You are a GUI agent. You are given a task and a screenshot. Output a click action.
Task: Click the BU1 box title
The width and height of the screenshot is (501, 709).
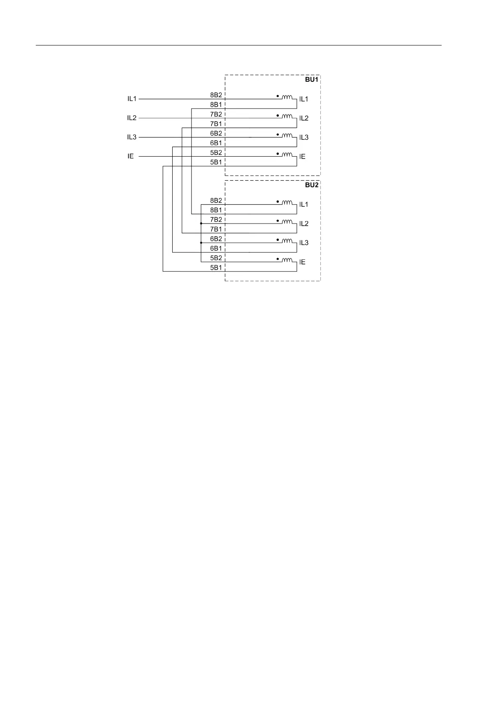[x=312, y=80]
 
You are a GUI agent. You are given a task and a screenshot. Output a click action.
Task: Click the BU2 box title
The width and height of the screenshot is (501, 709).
[x=312, y=185]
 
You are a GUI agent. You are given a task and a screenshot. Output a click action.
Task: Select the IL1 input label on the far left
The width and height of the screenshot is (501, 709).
[x=132, y=99]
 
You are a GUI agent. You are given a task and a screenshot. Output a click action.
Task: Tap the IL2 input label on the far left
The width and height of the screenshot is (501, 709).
[x=132, y=118]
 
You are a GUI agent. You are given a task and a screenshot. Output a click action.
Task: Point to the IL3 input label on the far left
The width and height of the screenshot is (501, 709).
[x=132, y=137]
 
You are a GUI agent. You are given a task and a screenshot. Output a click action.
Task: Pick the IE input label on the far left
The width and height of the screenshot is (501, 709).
[x=131, y=157]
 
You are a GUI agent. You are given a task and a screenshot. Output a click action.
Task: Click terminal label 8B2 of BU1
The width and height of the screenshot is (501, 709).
[x=216, y=95]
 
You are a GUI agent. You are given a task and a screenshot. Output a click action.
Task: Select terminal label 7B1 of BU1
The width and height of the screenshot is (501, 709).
[x=216, y=124]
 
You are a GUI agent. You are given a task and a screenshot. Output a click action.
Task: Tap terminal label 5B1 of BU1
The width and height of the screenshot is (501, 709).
[x=216, y=162]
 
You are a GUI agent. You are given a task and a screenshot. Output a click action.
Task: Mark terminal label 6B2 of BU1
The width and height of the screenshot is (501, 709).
[x=216, y=133]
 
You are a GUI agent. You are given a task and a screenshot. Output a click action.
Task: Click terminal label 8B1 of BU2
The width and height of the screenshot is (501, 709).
[x=216, y=210]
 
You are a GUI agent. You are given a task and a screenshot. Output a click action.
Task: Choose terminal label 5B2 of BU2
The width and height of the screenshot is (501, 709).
[x=216, y=258]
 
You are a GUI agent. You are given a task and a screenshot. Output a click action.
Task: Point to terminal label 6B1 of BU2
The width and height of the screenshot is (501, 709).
[x=216, y=248]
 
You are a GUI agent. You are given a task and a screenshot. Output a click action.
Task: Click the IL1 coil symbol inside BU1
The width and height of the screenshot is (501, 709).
[x=287, y=97]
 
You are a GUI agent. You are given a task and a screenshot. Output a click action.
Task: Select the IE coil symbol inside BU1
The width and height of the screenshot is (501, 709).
[x=287, y=155]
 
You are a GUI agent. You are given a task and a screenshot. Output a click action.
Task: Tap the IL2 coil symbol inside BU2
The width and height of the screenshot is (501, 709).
[x=287, y=221]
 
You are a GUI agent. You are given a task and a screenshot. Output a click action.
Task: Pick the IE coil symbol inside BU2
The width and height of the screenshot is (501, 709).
[x=287, y=260]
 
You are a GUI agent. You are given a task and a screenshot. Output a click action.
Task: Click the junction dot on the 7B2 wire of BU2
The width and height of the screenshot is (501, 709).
[x=201, y=224]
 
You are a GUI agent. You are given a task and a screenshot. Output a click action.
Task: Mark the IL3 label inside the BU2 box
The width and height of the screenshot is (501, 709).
[x=304, y=243]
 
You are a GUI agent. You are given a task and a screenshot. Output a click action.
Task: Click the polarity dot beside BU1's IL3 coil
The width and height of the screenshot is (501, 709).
[x=277, y=134]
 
